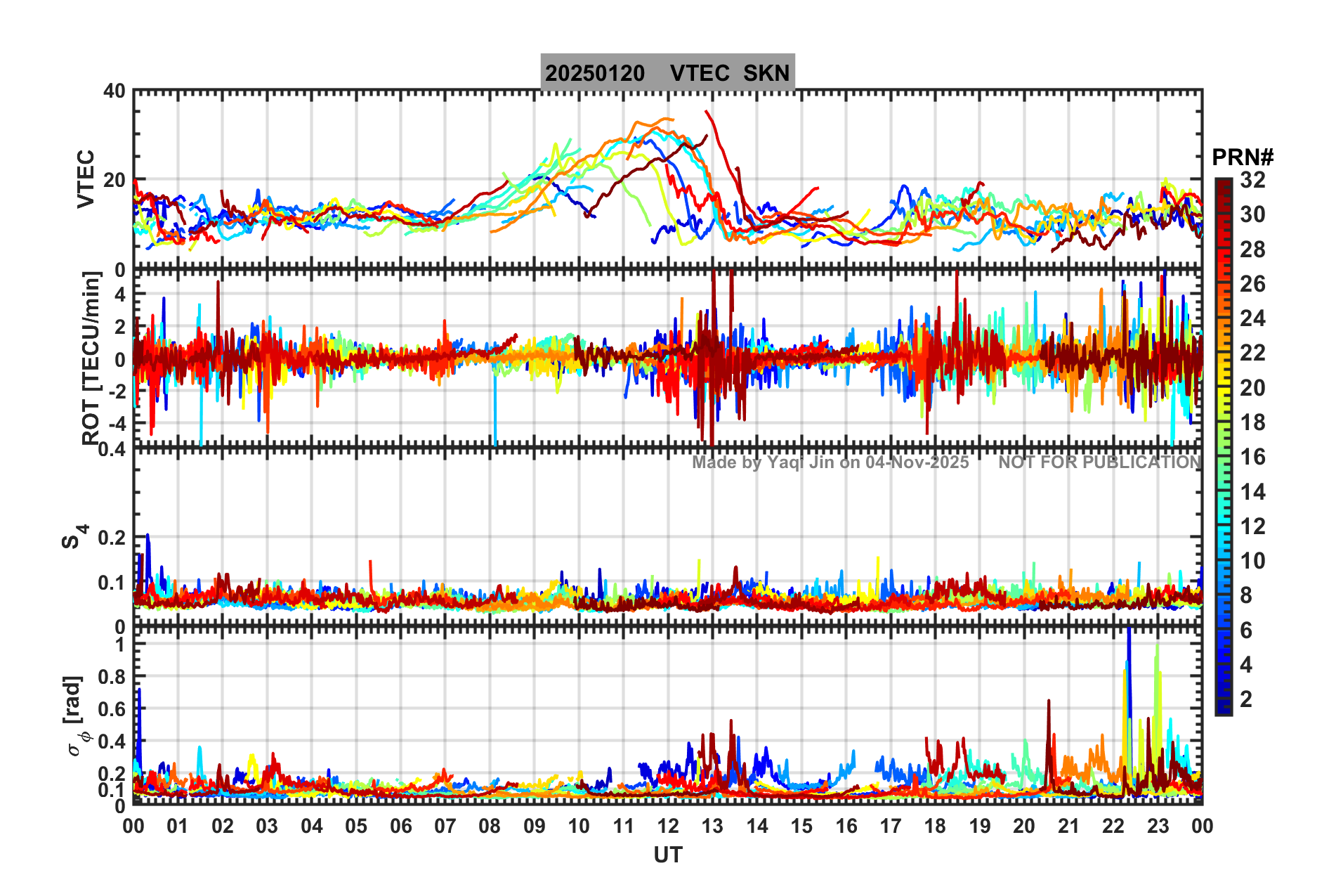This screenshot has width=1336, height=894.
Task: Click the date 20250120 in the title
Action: coord(594,73)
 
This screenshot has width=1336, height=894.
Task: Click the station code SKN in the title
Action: coord(766,73)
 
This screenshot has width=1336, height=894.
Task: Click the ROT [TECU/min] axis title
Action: coord(91,358)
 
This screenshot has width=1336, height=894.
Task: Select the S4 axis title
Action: coord(74,536)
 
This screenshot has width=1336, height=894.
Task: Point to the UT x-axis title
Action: coord(667,855)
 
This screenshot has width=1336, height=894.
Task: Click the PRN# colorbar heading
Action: coord(1243,157)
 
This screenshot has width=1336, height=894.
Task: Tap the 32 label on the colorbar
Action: coord(1252,180)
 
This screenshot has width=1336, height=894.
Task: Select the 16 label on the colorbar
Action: coord(1252,457)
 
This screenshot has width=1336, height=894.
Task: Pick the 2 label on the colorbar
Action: coord(1246,699)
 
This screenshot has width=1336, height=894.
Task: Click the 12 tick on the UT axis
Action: coord(668,826)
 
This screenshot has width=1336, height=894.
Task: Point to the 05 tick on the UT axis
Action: coord(356,826)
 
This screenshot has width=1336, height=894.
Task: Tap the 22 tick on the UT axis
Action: coord(1113,826)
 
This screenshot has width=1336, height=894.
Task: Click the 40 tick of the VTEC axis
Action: coord(114,91)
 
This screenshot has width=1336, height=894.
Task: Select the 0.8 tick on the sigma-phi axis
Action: coord(110,677)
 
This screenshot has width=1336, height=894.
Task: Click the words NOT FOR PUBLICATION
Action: coord(1099,462)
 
